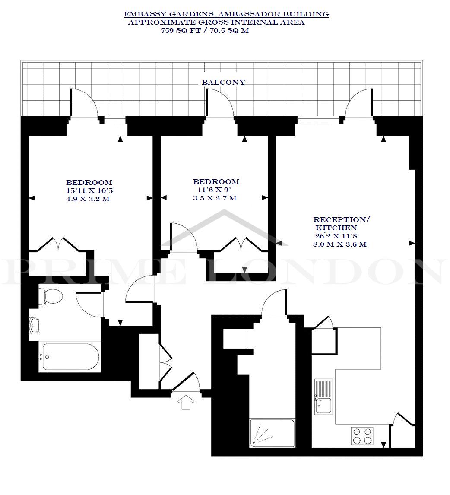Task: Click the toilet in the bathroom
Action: pyautogui.click(x=50, y=297)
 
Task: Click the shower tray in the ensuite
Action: pyautogui.click(x=272, y=433)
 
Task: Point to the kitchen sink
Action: pyautogui.click(x=323, y=397)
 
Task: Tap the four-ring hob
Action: pyautogui.click(x=362, y=436)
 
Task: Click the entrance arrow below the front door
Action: pyautogui.click(x=186, y=402)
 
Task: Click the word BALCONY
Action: pyautogui.click(x=223, y=82)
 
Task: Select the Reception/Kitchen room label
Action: pyautogui.click(x=341, y=223)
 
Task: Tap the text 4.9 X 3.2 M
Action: pyautogui.click(x=88, y=199)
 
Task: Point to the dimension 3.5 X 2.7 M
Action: pyautogui.click(x=215, y=198)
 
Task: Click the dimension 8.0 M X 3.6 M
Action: pyautogui.click(x=340, y=244)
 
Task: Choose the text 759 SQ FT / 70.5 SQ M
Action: pyautogui.click(x=205, y=31)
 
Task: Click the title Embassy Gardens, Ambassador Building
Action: pyautogui.click(x=226, y=14)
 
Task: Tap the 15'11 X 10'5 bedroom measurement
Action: pyautogui.click(x=89, y=190)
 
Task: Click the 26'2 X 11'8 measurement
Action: pyautogui.click(x=336, y=236)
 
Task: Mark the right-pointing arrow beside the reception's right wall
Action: pyautogui.click(x=412, y=243)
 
